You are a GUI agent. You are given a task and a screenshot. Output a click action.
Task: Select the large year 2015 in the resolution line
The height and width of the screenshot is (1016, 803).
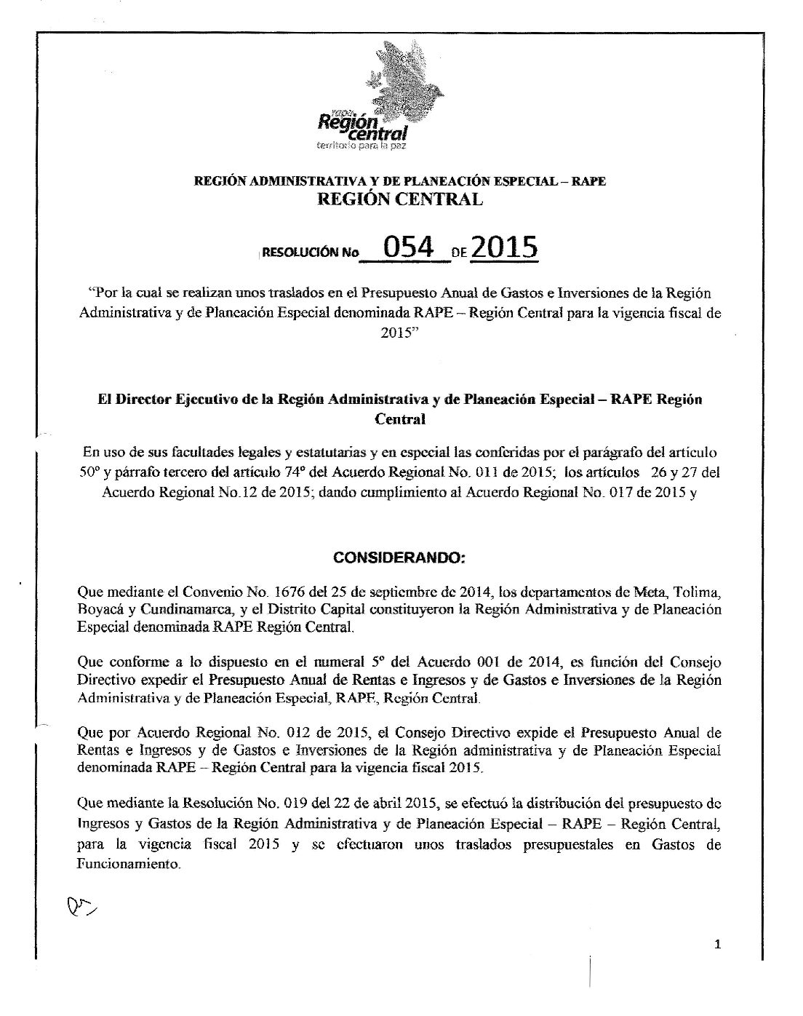click(504, 248)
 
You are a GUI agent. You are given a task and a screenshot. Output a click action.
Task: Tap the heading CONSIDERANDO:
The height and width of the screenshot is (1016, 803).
click(399, 558)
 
